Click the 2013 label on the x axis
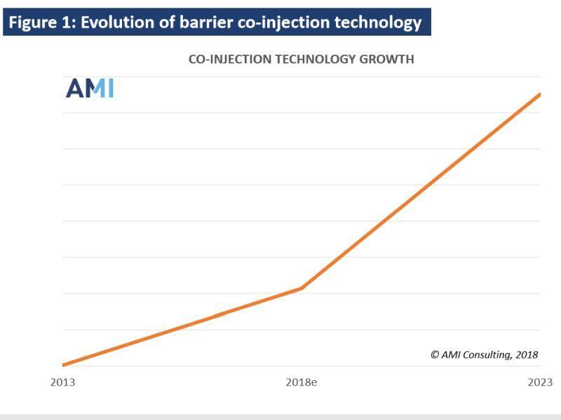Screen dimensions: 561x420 point(62,382)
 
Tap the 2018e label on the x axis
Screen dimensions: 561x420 point(302,382)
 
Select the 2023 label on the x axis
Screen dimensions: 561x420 point(540,382)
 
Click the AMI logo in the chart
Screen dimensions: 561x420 point(90,88)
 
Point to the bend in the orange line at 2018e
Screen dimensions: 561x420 point(302,288)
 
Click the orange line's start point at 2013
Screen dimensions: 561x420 point(63,365)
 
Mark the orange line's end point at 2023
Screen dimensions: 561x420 point(539,94)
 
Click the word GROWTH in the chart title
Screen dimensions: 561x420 point(386,59)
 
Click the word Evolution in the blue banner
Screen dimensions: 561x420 point(128,22)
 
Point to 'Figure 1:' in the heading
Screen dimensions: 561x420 point(42,22)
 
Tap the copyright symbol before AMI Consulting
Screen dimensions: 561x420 point(435,354)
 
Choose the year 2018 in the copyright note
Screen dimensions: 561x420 point(527,354)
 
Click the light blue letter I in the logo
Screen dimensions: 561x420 point(111,88)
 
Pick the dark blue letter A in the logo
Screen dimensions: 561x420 point(74,88)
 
